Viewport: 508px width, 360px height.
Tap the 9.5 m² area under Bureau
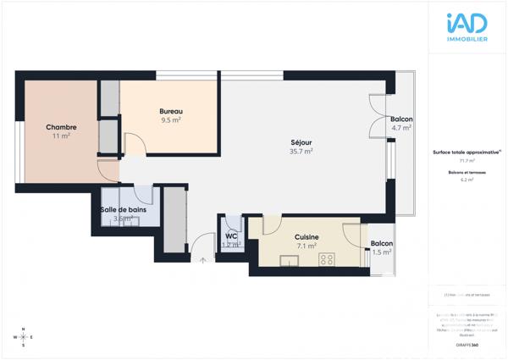coord(172,120)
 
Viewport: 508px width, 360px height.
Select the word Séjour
coord(301,142)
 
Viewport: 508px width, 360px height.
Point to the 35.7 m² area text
coord(301,152)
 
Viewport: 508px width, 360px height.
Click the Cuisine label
coord(306,237)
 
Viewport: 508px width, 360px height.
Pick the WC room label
coord(230,235)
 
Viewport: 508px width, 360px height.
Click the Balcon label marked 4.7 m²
coord(401,119)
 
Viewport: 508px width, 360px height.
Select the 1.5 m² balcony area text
coord(381,252)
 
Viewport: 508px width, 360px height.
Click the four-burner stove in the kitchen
coord(327,258)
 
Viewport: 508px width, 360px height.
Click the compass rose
coord(24,337)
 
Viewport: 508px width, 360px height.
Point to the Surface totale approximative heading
coord(467,152)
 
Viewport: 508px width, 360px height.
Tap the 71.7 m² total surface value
coord(467,160)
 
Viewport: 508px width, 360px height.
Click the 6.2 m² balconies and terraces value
coord(467,180)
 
